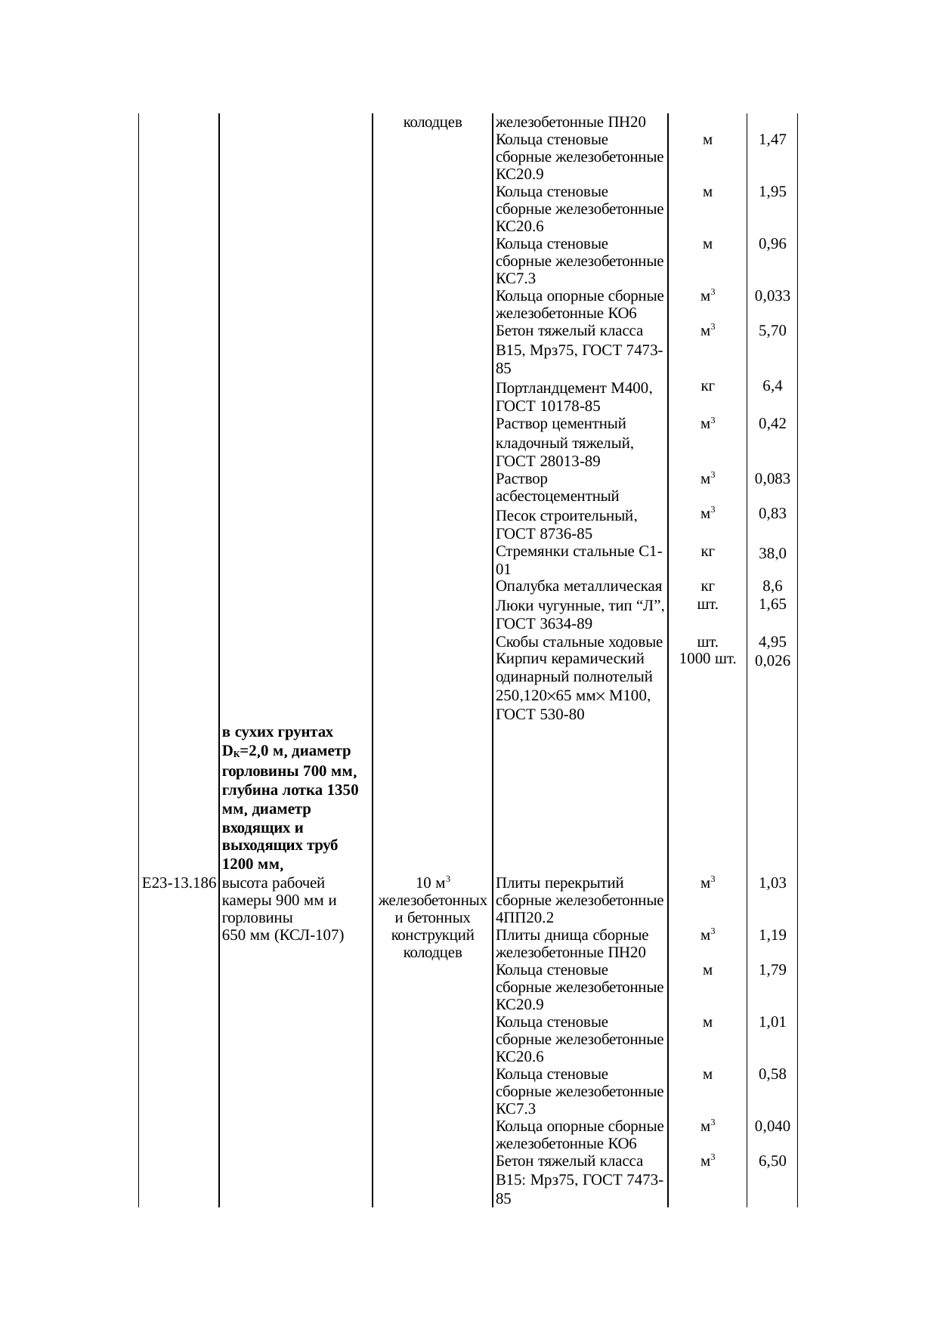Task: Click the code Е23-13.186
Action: pos(179,883)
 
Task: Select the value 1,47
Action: pos(772,140)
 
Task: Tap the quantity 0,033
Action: pos(772,296)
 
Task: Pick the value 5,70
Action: pos(772,331)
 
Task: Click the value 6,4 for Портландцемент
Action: pos(772,386)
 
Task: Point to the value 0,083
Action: pos(772,479)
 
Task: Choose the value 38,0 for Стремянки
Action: pos(772,554)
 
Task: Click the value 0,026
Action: pos(772,661)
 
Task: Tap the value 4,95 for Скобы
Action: pos(772,643)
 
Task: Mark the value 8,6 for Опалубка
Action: pos(772,586)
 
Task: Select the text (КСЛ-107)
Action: pos(309,935)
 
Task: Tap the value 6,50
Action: pos(772,1161)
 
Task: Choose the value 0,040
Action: pos(772,1127)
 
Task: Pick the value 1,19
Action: pos(772,935)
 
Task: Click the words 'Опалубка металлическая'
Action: pos(579,587)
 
